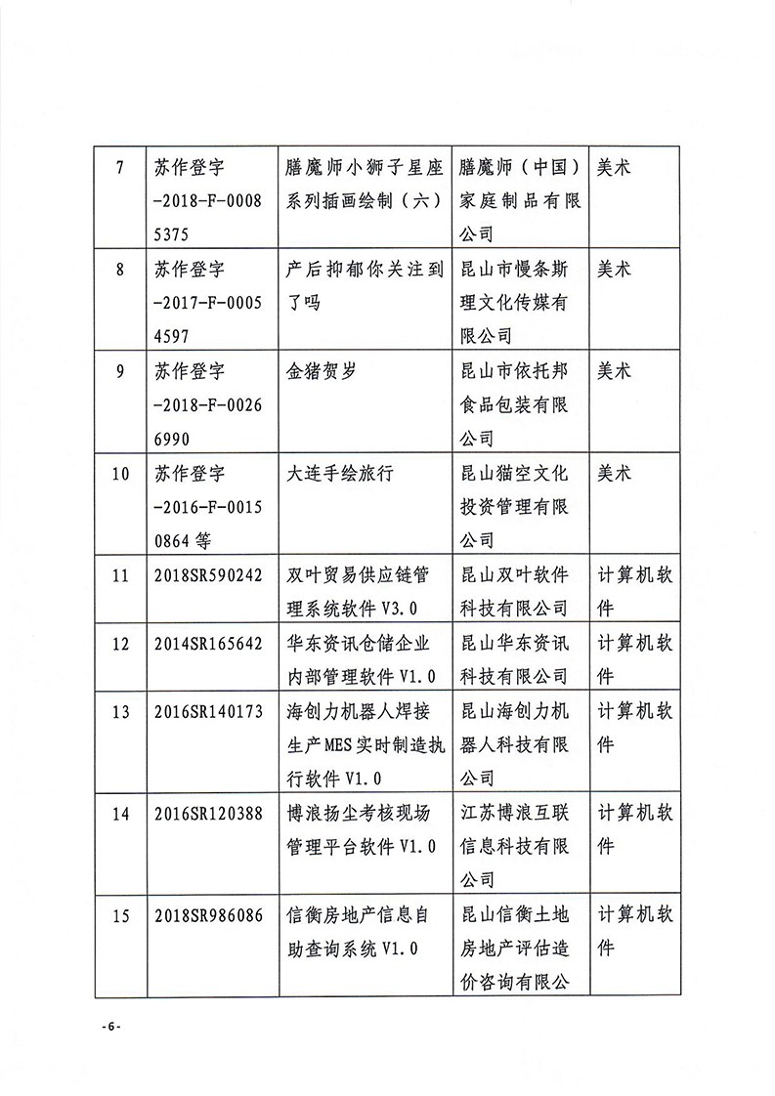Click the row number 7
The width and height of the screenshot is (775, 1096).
[x=119, y=167]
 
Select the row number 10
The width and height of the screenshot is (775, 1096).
[x=121, y=474]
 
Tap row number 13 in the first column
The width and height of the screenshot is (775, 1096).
[x=121, y=712]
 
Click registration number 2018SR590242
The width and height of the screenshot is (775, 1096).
[x=208, y=575]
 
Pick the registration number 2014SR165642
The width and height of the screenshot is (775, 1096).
[x=208, y=644]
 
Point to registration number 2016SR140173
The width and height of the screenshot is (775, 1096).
[x=208, y=712]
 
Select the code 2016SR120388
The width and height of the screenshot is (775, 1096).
[x=208, y=814]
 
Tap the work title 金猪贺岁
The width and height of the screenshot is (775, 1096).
[x=315, y=371]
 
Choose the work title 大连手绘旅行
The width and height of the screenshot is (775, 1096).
[x=337, y=474]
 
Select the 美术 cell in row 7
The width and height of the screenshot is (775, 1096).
[x=615, y=167]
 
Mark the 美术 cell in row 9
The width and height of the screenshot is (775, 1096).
[x=615, y=371]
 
